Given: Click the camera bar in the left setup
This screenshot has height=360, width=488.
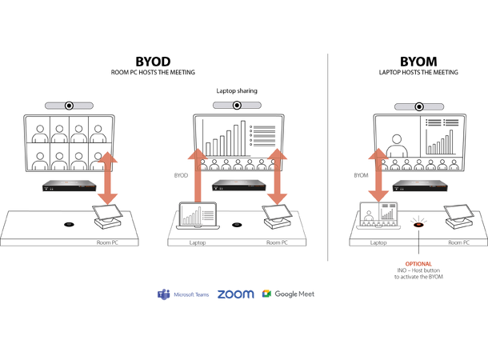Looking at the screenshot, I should (70, 105).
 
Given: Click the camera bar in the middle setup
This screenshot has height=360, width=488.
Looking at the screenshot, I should (238, 104).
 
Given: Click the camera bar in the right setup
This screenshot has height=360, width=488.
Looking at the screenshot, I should (420, 106).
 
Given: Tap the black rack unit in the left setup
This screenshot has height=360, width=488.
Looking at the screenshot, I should (70, 186).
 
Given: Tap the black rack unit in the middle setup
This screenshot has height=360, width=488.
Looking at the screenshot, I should (238, 186).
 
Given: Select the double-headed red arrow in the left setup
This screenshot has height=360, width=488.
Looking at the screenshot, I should (109, 176).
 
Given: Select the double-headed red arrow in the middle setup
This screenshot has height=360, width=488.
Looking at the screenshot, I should (277, 176).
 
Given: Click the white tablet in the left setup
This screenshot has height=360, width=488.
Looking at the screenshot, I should (108, 213).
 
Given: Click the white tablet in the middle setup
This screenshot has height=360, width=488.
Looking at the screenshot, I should (278, 214).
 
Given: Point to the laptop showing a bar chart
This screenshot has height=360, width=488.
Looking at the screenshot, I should (197, 217).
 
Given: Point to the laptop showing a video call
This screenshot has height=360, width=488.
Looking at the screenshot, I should (378, 217).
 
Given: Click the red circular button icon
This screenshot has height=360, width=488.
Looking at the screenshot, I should (417, 222).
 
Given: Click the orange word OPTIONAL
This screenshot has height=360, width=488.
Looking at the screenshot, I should (418, 264).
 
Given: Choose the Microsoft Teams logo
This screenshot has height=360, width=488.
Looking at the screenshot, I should (183, 294).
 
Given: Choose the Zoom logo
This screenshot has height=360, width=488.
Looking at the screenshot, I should (235, 294).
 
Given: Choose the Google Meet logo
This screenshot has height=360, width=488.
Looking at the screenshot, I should (288, 294).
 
